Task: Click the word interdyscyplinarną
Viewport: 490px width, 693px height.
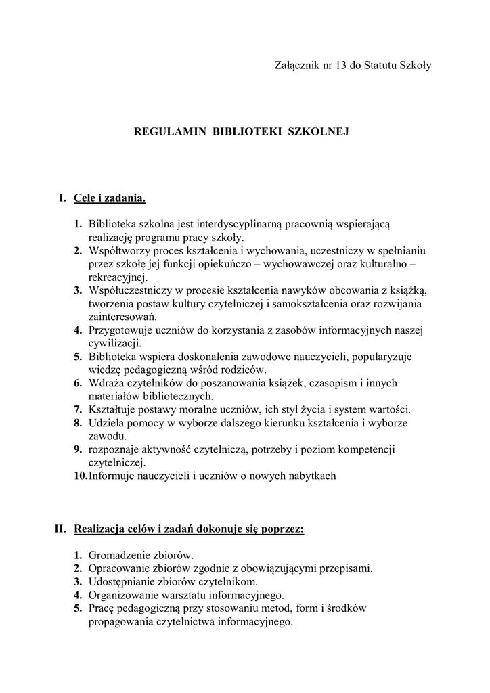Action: (x=240, y=224)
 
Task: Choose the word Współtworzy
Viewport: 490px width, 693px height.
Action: (x=119, y=250)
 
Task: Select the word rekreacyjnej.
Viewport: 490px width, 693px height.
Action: (x=117, y=277)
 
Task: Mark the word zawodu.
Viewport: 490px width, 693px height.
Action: (x=106, y=436)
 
